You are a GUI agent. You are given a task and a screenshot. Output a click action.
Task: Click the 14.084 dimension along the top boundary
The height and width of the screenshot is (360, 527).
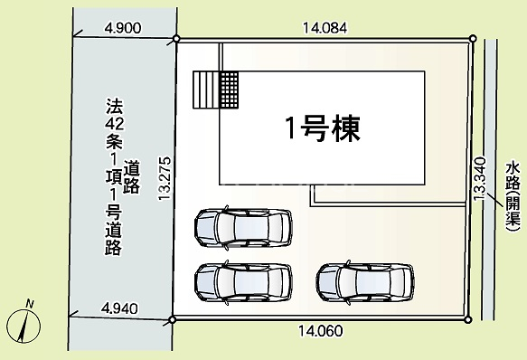pyautogui.click(x=325, y=28)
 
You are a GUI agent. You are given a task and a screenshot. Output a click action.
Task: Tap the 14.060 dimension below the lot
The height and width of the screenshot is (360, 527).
pyautogui.click(x=321, y=331)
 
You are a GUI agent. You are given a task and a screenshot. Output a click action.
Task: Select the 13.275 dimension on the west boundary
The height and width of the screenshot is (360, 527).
pyautogui.click(x=165, y=179)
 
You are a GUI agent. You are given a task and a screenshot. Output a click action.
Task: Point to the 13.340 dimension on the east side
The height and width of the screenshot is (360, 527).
pyautogui.click(x=480, y=179)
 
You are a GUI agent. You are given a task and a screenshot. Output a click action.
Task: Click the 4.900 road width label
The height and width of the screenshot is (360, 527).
pyautogui.click(x=123, y=28)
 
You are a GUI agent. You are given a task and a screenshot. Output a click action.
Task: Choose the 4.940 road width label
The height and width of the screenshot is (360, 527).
pyautogui.click(x=120, y=308)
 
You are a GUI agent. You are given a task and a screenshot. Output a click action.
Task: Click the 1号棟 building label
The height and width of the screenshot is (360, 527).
pyautogui.click(x=323, y=128)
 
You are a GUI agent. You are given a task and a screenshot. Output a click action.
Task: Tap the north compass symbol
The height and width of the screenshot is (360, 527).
pyautogui.click(x=24, y=326)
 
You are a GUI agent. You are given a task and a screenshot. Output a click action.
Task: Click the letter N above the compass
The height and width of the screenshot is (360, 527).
pyautogui.click(x=30, y=304)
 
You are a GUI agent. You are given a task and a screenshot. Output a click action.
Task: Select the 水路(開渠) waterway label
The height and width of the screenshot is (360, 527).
pyautogui.click(x=513, y=197)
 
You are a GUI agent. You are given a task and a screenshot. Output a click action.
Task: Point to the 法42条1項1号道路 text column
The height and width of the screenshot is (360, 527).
pyautogui.click(x=114, y=176)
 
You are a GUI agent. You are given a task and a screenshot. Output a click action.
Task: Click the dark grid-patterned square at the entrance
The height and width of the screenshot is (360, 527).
pyautogui.click(x=229, y=90)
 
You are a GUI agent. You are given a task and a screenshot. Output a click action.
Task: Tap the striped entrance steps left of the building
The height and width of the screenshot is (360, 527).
pyautogui.click(x=206, y=90)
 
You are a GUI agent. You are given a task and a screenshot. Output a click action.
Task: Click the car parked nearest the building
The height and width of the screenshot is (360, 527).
pyautogui.click(x=243, y=228)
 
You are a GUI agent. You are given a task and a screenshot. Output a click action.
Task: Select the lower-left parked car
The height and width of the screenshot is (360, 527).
pyautogui.click(x=243, y=282)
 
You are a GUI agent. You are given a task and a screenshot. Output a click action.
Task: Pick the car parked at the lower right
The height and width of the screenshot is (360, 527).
pyautogui.click(x=364, y=282)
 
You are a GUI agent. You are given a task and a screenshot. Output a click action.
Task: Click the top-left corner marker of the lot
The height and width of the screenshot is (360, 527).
pyautogui.click(x=176, y=39)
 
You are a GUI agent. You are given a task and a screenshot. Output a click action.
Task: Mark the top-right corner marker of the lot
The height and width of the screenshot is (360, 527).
pyautogui.click(x=473, y=39)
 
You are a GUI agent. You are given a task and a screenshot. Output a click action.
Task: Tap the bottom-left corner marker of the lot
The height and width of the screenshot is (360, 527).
pyautogui.click(x=172, y=319)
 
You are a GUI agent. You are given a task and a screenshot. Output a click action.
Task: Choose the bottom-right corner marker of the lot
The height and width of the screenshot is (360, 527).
pyautogui.click(x=468, y=319)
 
